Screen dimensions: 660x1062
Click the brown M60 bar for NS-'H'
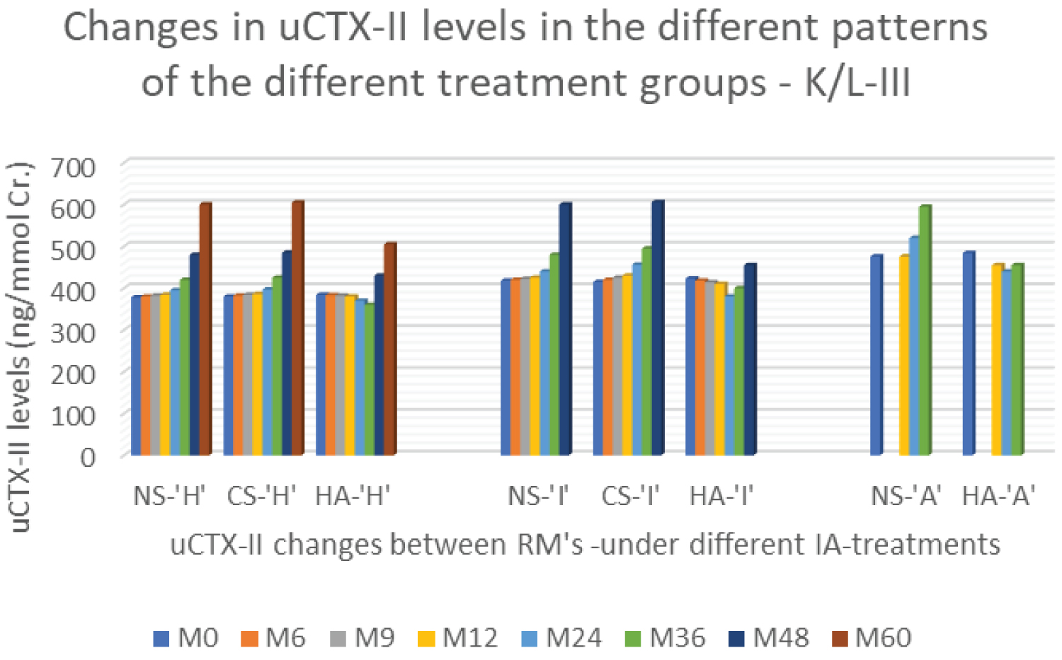click(205, 329)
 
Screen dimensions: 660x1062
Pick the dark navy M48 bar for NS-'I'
click(565, 329)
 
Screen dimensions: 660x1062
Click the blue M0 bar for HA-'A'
click(969, 353)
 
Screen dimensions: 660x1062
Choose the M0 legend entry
click(186, 638)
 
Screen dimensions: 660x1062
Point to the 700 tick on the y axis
click(74, 167)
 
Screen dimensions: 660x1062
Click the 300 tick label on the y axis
click(74, 332)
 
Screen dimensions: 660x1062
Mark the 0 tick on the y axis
click(87, 456)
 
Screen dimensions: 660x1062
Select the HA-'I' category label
click(721, 497)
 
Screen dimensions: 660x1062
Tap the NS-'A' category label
click(906, 497)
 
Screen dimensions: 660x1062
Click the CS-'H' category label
click(261, 497)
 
